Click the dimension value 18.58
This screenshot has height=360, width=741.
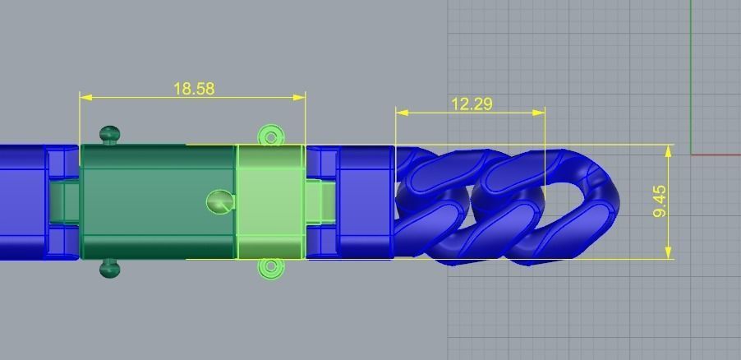pyautogui.click(x=194, y=88)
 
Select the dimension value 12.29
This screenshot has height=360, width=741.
pyautogui.click(x=472, y=104)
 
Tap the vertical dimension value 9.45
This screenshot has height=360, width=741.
pyautogui.click(x=660, y=201)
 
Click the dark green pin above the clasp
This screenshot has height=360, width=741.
pyautogui.click(x=108, y=134)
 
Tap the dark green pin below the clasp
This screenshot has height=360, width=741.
pyautogui.click(x=108, y=269)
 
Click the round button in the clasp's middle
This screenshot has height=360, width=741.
pyautogui.click(x=219, y=201)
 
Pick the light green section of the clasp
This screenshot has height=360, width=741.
pyautogui.click(x=270, y=201)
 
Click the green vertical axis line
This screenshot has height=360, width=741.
pyautogui.click(x=691, y=74)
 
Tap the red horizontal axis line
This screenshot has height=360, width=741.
pyautogui.click(x=716, y=155)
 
